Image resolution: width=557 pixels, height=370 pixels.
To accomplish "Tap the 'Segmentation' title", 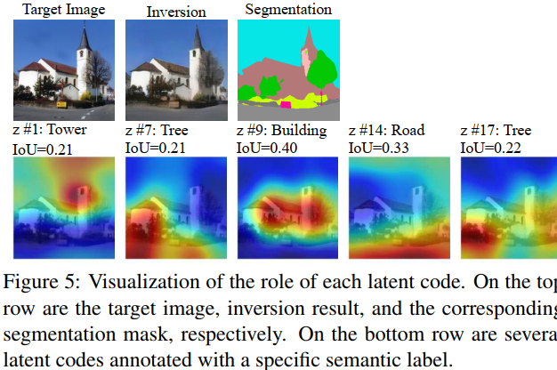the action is pos(288,11).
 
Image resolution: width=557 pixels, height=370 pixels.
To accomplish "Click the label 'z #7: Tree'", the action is pos(157,130).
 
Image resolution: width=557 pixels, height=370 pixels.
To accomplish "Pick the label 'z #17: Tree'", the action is pos(496,130).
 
